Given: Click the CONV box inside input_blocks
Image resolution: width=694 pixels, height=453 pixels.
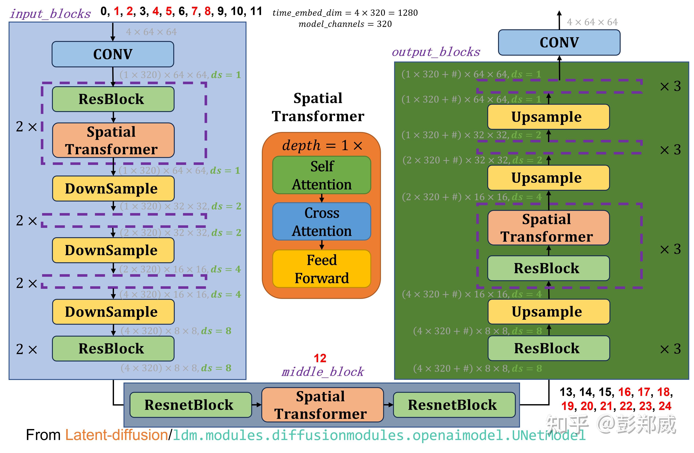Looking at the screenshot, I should point(113,54).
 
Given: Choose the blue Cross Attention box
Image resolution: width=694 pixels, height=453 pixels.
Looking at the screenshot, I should point(322,222).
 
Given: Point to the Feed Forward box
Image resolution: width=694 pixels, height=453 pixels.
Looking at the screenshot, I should point(322,269).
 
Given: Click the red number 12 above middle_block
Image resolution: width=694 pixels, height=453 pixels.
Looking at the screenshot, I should point(320,358).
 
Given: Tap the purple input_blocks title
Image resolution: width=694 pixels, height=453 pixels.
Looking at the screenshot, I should point(50,14).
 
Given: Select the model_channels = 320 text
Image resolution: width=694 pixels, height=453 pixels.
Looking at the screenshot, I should point(345,24).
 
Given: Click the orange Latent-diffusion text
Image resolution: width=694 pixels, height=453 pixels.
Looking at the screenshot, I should point(116,435).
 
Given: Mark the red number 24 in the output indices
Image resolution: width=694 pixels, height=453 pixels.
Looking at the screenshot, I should point(665,406).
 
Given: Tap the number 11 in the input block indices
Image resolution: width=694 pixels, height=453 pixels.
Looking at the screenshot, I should point(256,11).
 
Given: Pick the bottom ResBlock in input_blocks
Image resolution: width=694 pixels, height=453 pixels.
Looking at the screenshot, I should point(113,348).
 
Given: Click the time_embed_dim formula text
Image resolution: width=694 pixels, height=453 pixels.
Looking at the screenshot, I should point(345,13).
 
